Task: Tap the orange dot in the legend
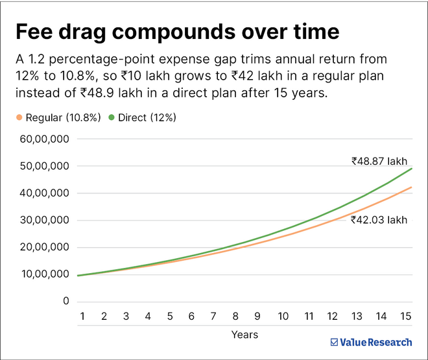(19, 117)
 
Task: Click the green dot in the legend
(112, 117)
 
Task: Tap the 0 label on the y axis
(65, 302)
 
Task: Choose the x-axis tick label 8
(235, 316)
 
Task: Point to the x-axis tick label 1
(83, 316)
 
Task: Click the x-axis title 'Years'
(244, 335)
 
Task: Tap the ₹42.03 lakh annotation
(379, 220)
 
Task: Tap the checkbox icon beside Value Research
(334, 342)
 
